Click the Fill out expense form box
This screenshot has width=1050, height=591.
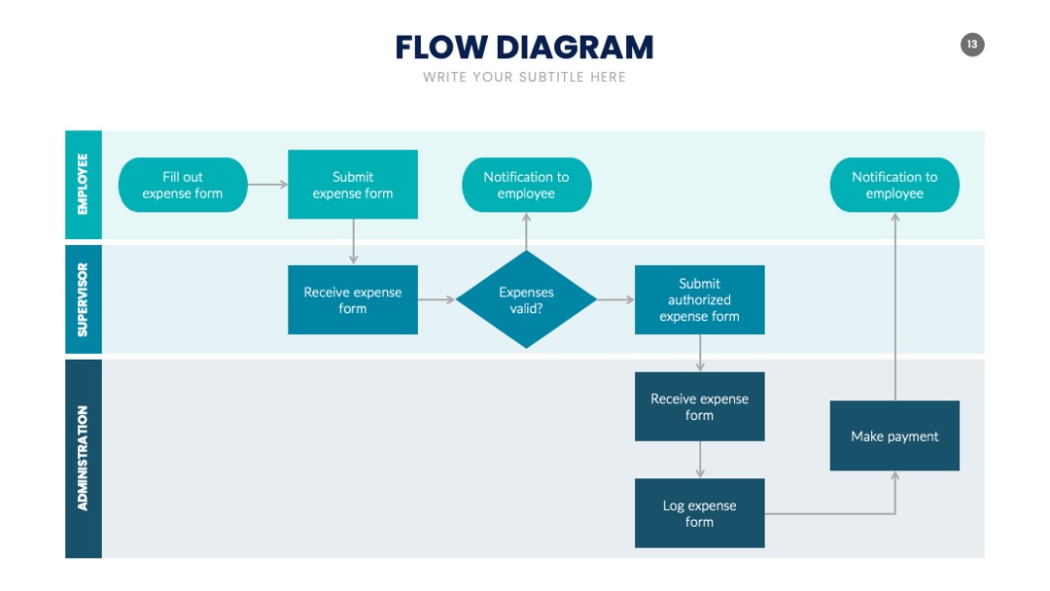pyautogui.click(x=183, y=185)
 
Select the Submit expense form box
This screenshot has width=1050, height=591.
pyautogui.click(x=353, y=184)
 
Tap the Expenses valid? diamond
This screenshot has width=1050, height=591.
pyautogui.click(x=526, y=299)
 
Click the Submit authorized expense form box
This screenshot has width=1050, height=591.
pyautogui.click(x=700, y=299)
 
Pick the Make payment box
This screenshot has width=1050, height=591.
pyautogui.click(x=894, y=435)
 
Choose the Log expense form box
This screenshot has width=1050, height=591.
pyautogui.click(x=700, y=513)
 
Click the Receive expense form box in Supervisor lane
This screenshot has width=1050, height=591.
pyautogui.click(x=353, y=299)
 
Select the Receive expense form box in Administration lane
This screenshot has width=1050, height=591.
pyautogui.click(x=700, y=406)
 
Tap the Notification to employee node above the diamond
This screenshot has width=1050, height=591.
pyautogui.click(x=526, y=185)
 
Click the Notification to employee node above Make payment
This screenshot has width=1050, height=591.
pyautogui.click(x=894, y=185)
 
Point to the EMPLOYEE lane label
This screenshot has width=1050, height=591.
pyautogui.click(x=83, y=185)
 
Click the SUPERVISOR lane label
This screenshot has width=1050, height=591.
pyautogui.click(x=83, y=299)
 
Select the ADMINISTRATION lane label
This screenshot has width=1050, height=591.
pyautogui.click(x=83, y=459)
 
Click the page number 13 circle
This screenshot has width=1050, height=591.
pyautogui.click(x=972, y=45)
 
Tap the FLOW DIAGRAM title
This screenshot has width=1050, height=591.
pyautogui.click(x=524, y=48)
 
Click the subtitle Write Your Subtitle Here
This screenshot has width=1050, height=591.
pyautogui.click(x=524, y=77)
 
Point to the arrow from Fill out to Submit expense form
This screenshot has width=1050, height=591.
pyautogui.click(x=268, y=184)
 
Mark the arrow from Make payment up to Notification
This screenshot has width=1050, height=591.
pyautogui.click(x=894, y=306)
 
